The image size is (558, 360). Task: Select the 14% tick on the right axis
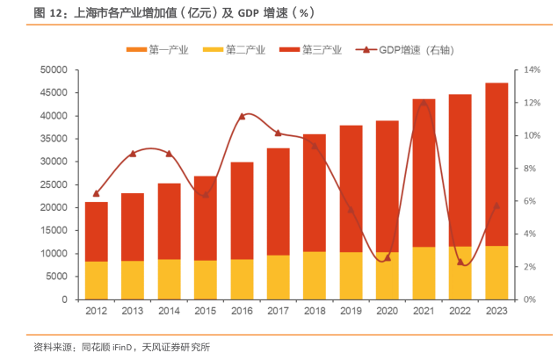click(533, 69)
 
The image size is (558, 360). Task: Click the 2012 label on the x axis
click(96, 310)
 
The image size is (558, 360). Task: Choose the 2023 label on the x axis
click(496, 310)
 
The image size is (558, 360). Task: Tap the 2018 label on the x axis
click(315, 310)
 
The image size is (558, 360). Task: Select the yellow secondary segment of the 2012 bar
click(96, 280)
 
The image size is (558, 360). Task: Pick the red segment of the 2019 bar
click(351, 189)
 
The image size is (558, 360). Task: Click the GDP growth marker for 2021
click(424, 104)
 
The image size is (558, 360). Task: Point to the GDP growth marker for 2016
click(242, 116)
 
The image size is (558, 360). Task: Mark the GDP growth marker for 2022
click(460, 262)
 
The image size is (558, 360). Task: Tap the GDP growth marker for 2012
click(96, 193)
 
